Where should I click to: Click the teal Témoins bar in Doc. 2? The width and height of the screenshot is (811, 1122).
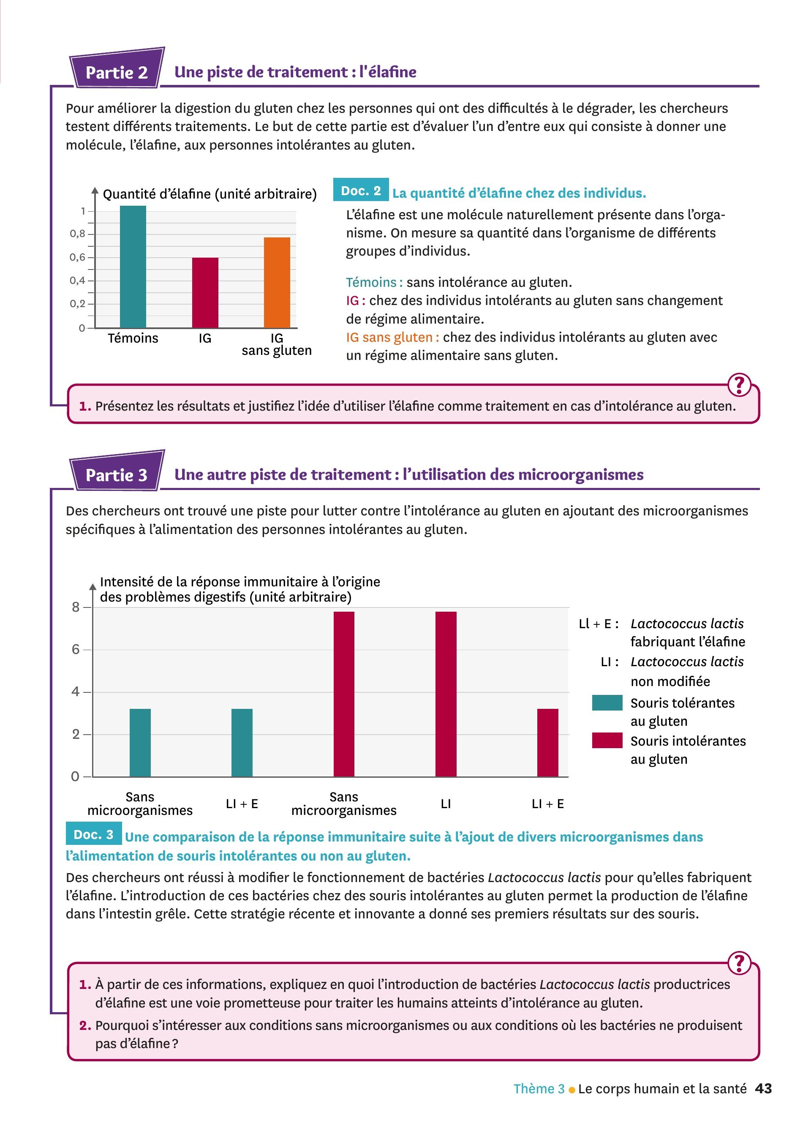[133, 267]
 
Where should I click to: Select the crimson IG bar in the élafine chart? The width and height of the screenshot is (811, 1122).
[205, 293]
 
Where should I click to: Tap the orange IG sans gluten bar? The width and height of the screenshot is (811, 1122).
[277, 283]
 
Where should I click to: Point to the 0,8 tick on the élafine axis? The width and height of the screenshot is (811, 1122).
[78, 234]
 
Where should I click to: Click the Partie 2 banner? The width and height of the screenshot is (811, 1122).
[117, 72]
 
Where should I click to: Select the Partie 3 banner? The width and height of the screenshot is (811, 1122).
[117, 475]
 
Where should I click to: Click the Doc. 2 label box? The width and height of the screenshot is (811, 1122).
[361, 191]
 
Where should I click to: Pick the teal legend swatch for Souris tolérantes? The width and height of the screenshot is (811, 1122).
[607, 703]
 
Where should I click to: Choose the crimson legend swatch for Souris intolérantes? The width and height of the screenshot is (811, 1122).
[607, 741]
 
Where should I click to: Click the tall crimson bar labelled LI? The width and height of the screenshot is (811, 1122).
[446, 694]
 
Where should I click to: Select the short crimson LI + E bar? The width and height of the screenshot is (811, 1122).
[547, 743]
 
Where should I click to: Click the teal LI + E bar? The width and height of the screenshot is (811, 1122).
[242, 743]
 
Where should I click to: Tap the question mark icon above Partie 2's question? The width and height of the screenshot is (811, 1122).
[739, 385]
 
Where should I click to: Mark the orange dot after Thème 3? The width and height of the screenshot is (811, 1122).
[572, 1089]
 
